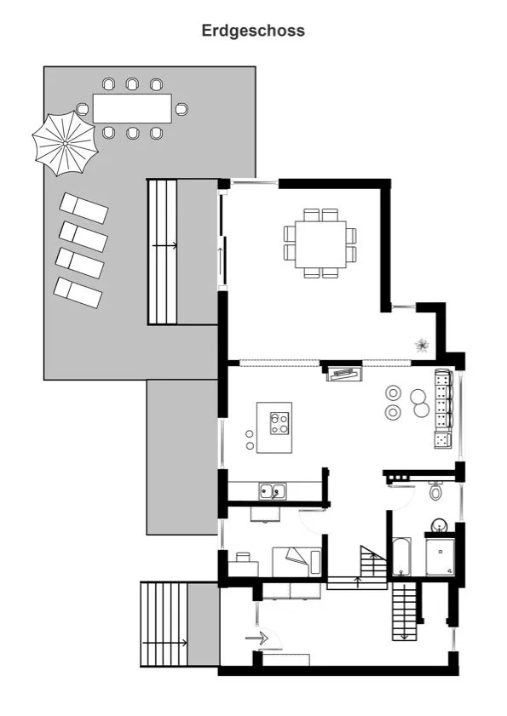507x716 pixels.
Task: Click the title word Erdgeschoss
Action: pos(253,31)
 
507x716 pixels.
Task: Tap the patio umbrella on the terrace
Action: pos(66,144)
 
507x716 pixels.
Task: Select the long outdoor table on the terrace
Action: pos(132,108)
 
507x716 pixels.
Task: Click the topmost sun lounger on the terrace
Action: pos(84,208)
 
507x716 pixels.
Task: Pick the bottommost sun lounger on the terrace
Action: pos(78,292)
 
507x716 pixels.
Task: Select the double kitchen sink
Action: pos(273,490)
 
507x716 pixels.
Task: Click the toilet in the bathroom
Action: pos(436,491)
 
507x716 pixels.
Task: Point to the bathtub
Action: pos(402,557)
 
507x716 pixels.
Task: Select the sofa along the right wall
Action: pos(442,409)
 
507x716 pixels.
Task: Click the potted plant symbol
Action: pos(421,344)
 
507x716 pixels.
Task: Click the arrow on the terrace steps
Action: pos(165,245)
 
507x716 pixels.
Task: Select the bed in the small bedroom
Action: pos(297,561)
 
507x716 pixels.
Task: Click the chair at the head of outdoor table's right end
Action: pos(181,108)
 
